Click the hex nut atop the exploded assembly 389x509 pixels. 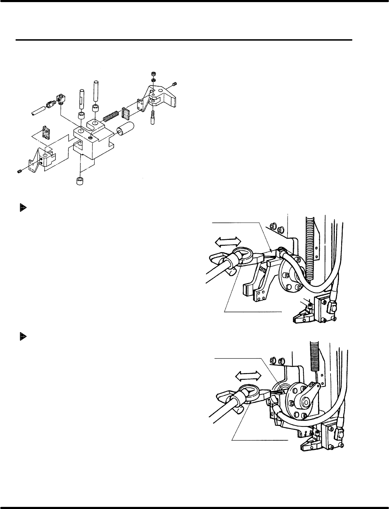tap(153, 74)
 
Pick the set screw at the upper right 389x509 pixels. tap(175, 84)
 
